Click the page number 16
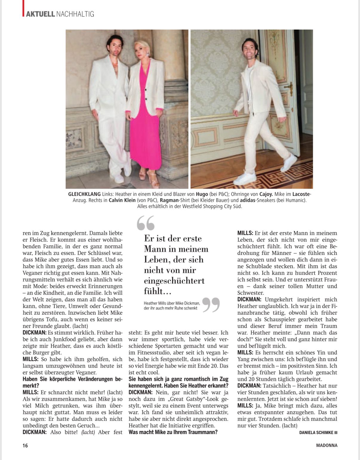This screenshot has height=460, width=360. pyautogui.click(x=25, y=445)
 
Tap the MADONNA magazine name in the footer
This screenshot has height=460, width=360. pyautogui.click(x=327, y=445)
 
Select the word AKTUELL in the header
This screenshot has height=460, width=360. pyautogui.click(x=40, y=14)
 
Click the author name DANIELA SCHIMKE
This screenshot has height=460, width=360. pyautogui.click(x=316, y=432)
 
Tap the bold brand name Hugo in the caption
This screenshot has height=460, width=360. pyautogui.click(x=202, y=194)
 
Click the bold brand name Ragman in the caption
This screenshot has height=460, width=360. pyautogui.click(x=169, y=200)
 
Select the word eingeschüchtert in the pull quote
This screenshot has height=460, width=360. pyautogui.click(x=174, y=281)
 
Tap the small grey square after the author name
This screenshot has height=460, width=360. pyautogui.click(x=336, y=432)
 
